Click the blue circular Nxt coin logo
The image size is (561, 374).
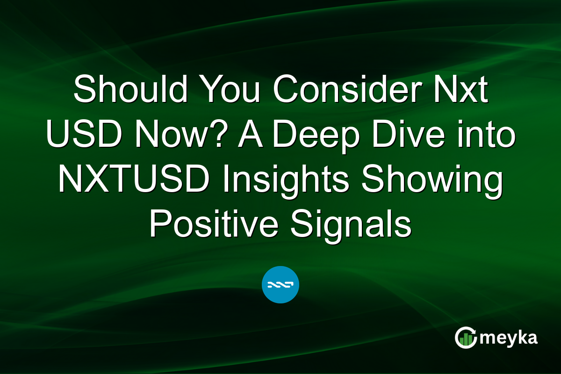280,284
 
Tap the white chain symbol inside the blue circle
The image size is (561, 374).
280,284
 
